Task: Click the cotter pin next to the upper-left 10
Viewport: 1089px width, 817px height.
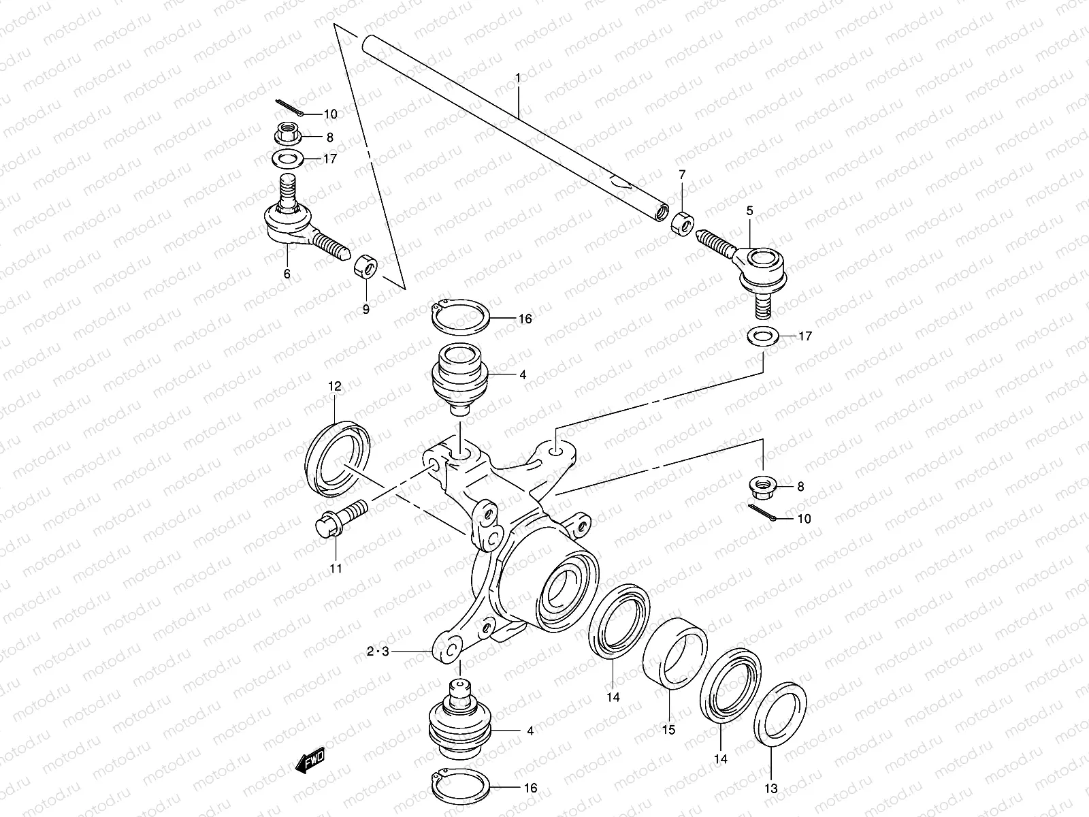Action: tap(291, 108)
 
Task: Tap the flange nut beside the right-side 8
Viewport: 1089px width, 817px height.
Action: tap(762, 486)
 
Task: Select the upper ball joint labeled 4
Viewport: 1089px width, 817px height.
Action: tap(459, 379)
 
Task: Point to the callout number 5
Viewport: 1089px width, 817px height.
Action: tap(749, 211)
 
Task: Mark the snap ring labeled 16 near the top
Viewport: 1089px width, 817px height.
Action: tap(460, 316)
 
